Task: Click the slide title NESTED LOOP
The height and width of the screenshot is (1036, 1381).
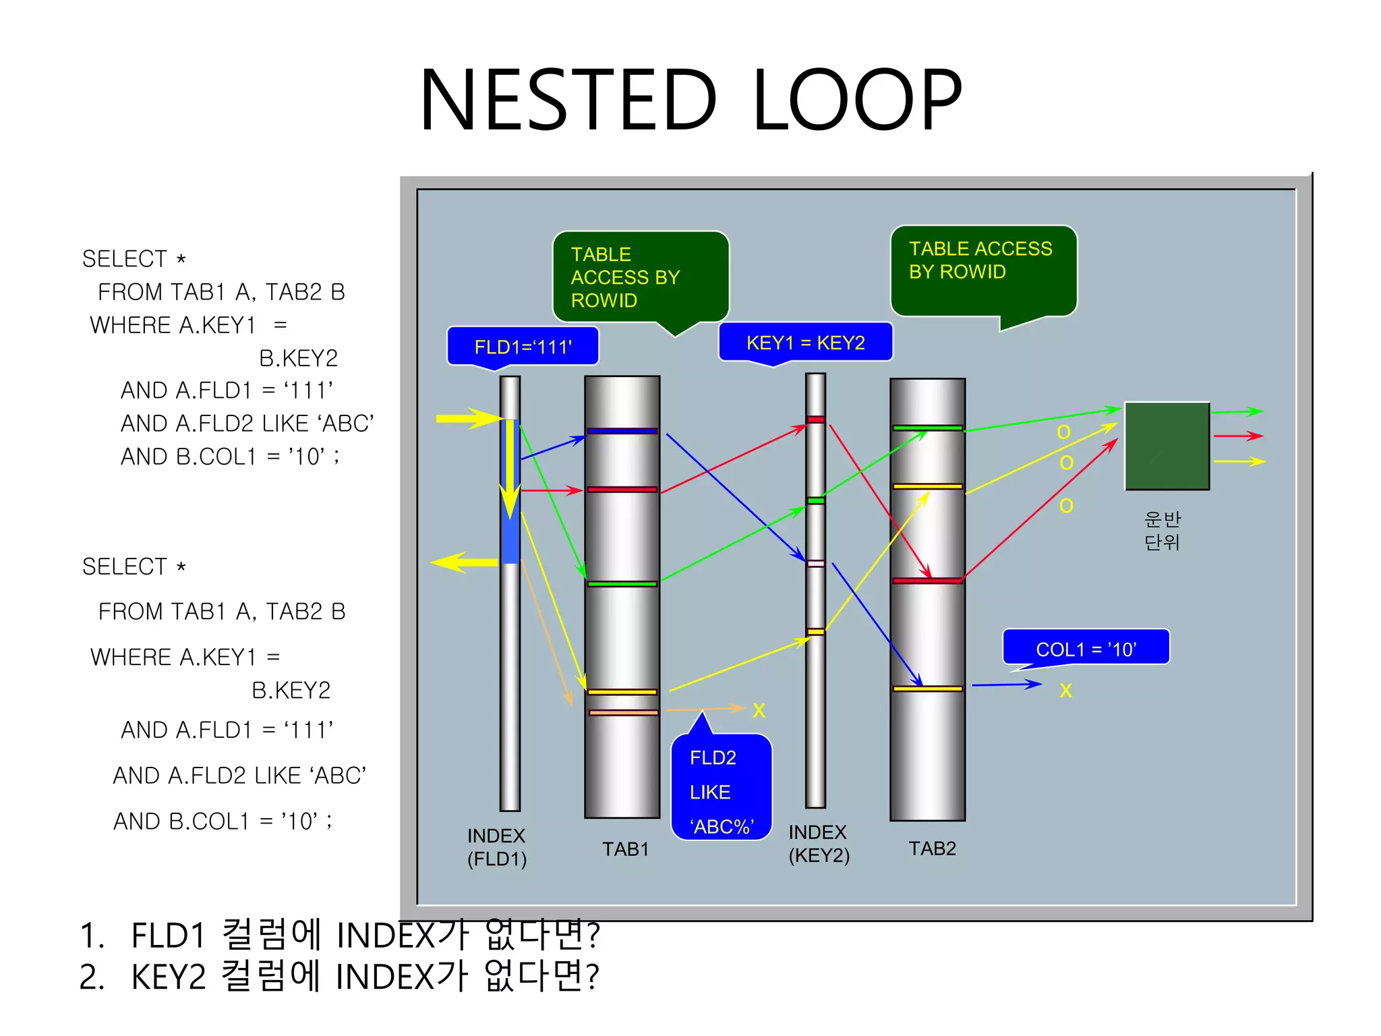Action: click(x=690, y=100)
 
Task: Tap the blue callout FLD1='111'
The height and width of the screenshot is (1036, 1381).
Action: click(x=523, y=347)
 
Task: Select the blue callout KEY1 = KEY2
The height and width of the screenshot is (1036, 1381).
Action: click(x=805, y=343)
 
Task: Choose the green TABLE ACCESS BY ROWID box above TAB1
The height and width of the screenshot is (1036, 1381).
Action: click(x=640, y=277)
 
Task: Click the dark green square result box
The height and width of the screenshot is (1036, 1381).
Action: click(x=1167, y=446)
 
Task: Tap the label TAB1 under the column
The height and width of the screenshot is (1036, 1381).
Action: click(x=625, y=849)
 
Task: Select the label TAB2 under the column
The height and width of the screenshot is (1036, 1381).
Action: click(x=932, y=848)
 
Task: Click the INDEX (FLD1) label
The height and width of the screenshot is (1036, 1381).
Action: click(x=497, y=847)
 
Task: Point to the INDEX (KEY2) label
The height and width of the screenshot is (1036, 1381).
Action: click(x=819, y=844)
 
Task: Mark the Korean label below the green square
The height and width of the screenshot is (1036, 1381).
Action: click(x=1162, y=530)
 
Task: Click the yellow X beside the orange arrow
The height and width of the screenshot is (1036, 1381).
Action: click(x=759, y=710)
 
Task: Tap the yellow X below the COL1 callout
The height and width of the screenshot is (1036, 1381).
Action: click(x=1065, y=690)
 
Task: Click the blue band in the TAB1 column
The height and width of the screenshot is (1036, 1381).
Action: click(x=622, y=431)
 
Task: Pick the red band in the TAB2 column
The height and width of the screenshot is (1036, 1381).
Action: click(x=927, y=580)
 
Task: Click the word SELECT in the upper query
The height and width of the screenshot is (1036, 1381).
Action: click(x=125, y=259)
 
